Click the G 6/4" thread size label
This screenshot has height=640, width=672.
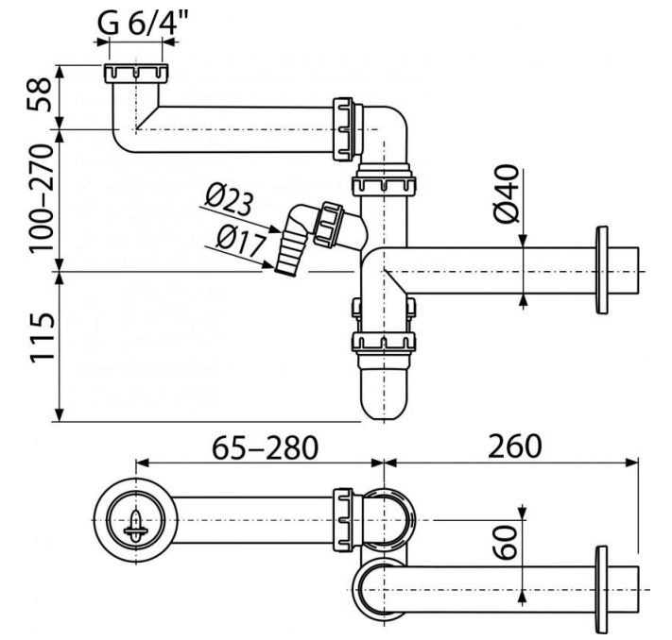[143, 23]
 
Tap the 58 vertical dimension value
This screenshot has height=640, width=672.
[40, 94]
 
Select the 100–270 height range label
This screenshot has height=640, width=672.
[42, 198]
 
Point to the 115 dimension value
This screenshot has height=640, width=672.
[42, 338]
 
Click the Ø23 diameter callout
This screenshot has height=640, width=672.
[229, 200]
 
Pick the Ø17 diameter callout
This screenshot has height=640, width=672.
[241, 242]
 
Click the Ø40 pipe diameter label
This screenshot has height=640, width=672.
[507, 194]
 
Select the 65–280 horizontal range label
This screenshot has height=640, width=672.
[266, 447]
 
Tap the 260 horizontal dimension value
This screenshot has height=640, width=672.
[515, 446]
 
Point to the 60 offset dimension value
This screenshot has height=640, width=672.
[505, 543]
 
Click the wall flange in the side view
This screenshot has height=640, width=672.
[602, 270]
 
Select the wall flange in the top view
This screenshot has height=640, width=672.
[602, 589]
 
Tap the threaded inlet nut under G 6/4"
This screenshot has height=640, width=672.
[136, 74]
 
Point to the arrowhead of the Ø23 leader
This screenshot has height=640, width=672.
[276, 230]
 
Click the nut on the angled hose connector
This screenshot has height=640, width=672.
[328, 224]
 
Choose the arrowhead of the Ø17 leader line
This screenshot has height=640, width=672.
[268, 265]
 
